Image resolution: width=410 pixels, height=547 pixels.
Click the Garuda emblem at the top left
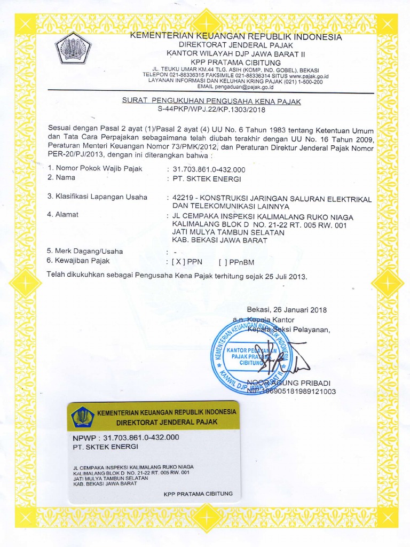(74, 49)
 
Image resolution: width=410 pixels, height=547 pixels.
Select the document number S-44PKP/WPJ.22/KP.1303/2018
(211, 110)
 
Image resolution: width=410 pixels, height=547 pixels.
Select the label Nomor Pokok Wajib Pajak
(96, 168)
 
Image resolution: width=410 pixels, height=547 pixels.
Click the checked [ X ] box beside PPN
(177, 262)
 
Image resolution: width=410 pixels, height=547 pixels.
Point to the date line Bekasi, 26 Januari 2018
(287, 310)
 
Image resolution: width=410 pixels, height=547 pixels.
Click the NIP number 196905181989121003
(300, 391)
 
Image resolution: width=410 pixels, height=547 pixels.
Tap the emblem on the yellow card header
(83, 417)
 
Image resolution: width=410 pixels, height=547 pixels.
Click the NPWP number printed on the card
(141, 437)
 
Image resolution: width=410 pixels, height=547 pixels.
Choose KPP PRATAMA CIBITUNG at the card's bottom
(198, 494)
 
